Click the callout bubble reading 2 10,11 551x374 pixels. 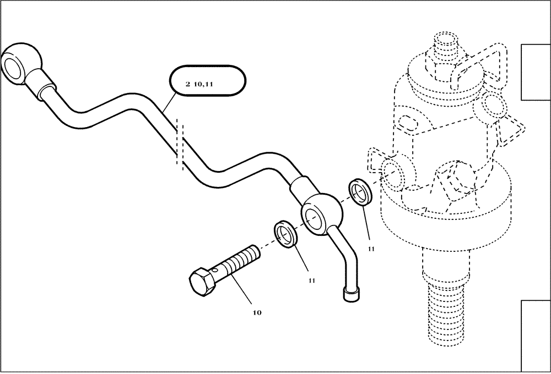click(207, 84)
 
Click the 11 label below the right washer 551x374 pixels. click(371, 249)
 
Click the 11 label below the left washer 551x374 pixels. click(311, 280)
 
